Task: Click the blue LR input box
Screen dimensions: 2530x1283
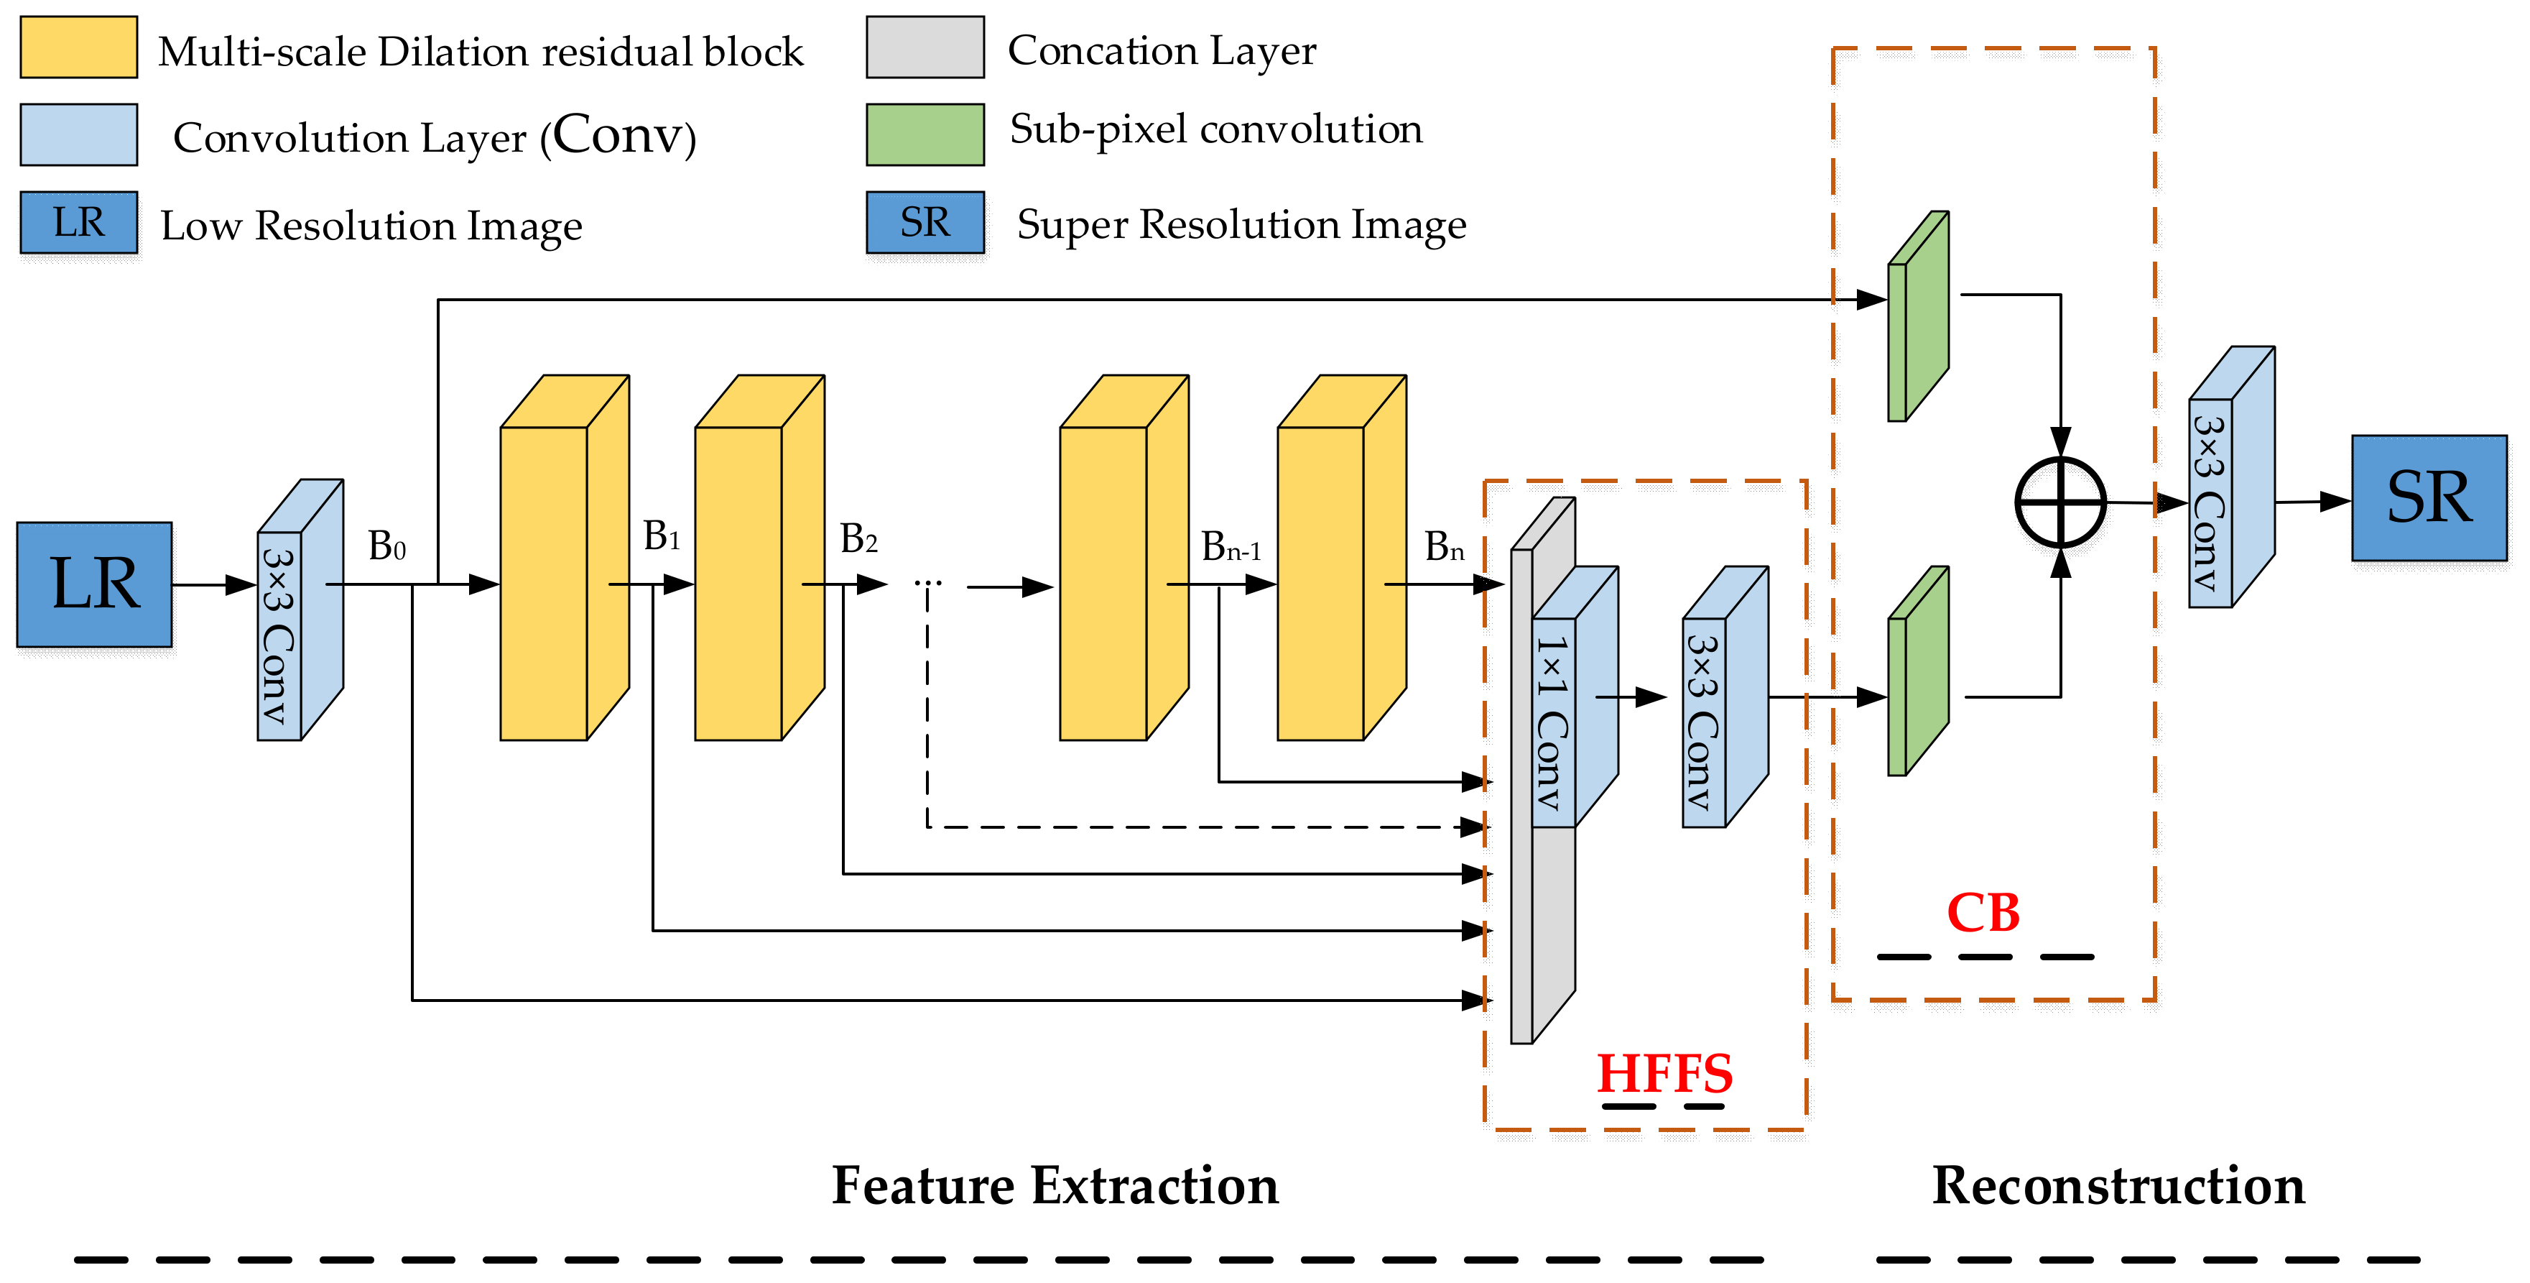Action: coord(94,584)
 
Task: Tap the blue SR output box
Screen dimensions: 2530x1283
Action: coord(2429,498)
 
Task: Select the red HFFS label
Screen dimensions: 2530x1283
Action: coord(1664,1073)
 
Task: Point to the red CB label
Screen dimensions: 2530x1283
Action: coord(1983,913)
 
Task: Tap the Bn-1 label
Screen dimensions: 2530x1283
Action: coord(1231,546)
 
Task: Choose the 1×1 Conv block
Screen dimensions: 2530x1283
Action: coord(1575,696)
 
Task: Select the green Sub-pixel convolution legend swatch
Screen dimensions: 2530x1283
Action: coord(925,134)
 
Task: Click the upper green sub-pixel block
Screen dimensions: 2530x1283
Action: coord(1918,316)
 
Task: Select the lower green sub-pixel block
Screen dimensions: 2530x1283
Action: coord(1918,671)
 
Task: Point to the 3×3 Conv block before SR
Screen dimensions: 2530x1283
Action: coord(2231,477)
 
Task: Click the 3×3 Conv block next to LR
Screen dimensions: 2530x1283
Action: coord(300,609)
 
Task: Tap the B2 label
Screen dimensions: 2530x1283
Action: coord(858,538)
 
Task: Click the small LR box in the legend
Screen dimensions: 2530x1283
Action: coord(78,222)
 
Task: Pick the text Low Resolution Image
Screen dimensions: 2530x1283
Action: coord(371,226)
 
